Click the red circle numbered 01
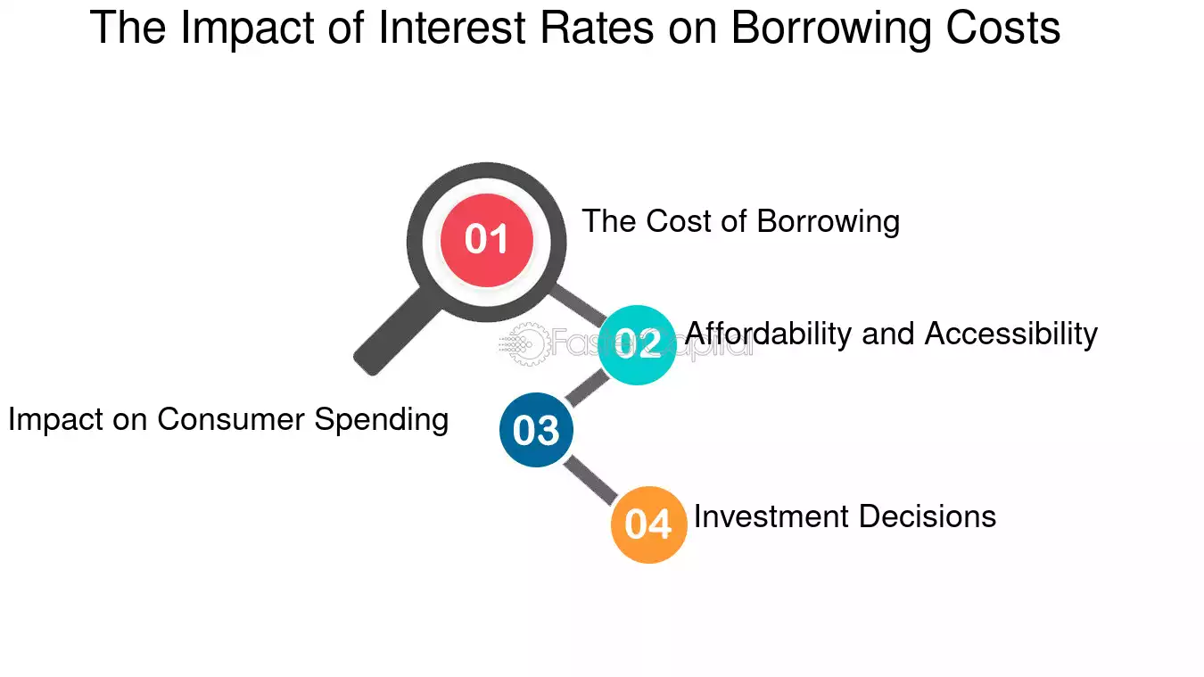487,239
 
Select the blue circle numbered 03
536,430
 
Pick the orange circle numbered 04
648,524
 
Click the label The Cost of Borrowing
740,221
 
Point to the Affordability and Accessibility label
891,334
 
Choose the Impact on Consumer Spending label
228,419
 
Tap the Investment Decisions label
845,516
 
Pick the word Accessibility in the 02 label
1010,334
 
